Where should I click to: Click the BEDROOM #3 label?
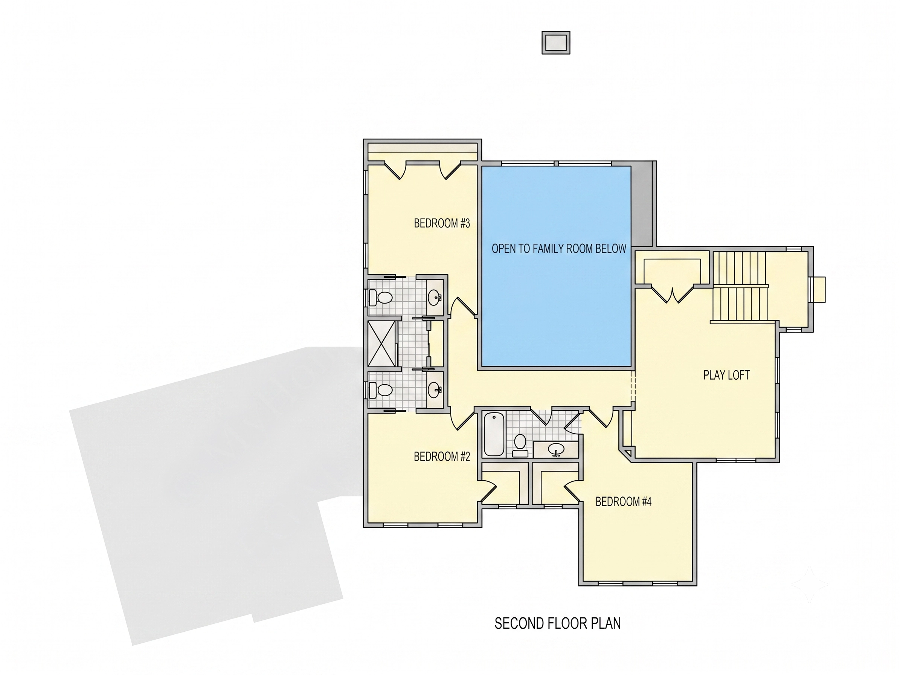point(442,223)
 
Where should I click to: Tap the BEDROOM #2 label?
point(442,457)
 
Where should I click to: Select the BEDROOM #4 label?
point(623,502)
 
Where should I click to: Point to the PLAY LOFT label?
point(726,375)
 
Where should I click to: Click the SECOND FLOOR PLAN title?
point(557,623)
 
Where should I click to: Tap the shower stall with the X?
point(381,344)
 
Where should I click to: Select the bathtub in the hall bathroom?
point(494,434)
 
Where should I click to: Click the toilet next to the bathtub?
point(520,445)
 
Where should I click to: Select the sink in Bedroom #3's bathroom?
point(435,297)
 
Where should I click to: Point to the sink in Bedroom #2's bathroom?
point(435,390)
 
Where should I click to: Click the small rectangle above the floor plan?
point(556,43)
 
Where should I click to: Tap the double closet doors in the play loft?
point(673,295)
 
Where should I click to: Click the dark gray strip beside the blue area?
point(642,204)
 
